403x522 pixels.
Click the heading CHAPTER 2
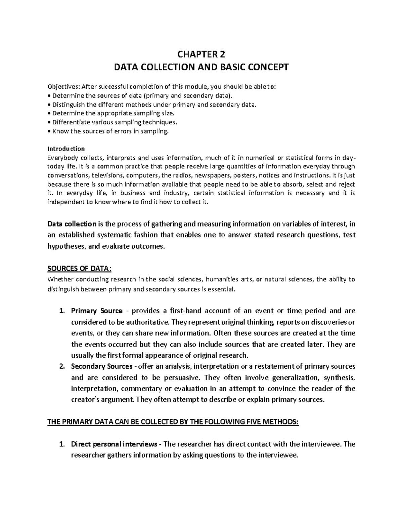pos(201,54)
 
